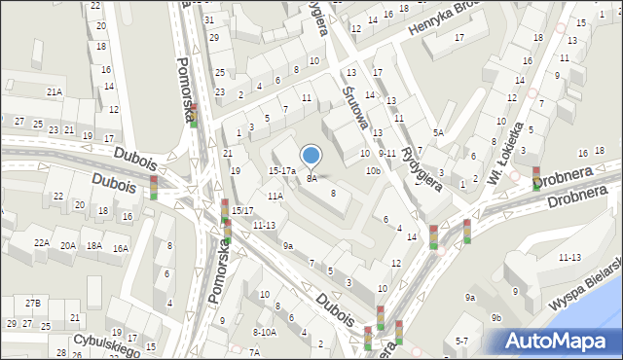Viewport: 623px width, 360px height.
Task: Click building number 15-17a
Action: pyautogui.click(x=281, y=170)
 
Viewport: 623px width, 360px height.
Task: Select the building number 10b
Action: pyautogui.click(x=373, y=170)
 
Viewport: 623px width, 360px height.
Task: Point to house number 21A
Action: pyautogui.click(x=55, y=91)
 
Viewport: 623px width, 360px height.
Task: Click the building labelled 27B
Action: pyautogui.click(x=33, y=303)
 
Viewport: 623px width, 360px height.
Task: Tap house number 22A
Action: pyautogui.click(x=41, y=243)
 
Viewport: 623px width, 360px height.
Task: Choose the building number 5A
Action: pyautogui.click(x=438, y=132)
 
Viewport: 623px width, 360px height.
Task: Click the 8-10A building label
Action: pyautogui.click(x=264, y=332)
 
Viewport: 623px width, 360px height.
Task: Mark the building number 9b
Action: pyautogui.click(x=496, y=317)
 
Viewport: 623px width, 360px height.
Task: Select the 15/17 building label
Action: pyautogui.click(x=242, y=210)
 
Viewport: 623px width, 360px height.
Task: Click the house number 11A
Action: pyautogui.click(x=275, y=196)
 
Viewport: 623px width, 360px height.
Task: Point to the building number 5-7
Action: pyautogui.click(x=461, y=341)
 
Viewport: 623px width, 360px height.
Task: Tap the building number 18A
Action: pyautogui.click(x=93, y=246)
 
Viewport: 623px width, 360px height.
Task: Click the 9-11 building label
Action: pyautogui.click(x=386, y=153)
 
